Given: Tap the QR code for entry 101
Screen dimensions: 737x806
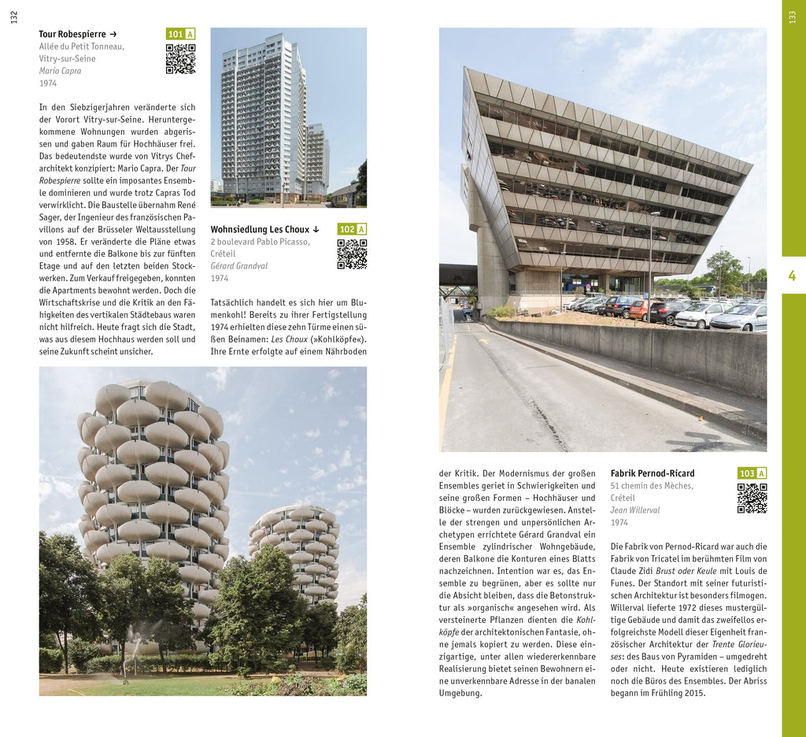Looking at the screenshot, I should click(x=180, y=59).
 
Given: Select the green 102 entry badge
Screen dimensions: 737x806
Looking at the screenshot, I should click(x=352, y=229).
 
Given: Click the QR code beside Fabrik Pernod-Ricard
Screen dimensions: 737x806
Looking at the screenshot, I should click(x=752, y=498).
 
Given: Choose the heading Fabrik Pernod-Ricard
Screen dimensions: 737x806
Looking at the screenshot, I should click(x=653, y=473).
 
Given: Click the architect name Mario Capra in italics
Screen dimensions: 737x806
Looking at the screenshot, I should click(x=60, y=71).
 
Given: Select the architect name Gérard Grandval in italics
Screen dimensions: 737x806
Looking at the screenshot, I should click(x=238, y=266).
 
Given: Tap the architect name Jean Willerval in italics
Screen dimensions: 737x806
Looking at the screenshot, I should click(x=635, y=510).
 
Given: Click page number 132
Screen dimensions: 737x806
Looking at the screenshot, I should click(x=13, y=17).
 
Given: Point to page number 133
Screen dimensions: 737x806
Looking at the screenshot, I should click(x=793, y=17).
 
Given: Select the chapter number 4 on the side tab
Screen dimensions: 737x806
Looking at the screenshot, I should click(x=793, y=276).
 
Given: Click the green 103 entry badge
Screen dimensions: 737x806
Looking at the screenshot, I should click(x=752, y=473).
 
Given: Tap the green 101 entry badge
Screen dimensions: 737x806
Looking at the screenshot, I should click(x=180, y=34).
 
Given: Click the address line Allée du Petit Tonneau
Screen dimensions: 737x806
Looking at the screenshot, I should click(x=82, y=46).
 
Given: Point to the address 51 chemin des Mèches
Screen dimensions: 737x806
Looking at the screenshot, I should click(x=652, y=486).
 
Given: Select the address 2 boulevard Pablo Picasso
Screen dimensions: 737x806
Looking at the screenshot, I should click(x=260, y=242).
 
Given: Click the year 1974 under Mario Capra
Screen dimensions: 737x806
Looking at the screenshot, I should click(x=48, y=83).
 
